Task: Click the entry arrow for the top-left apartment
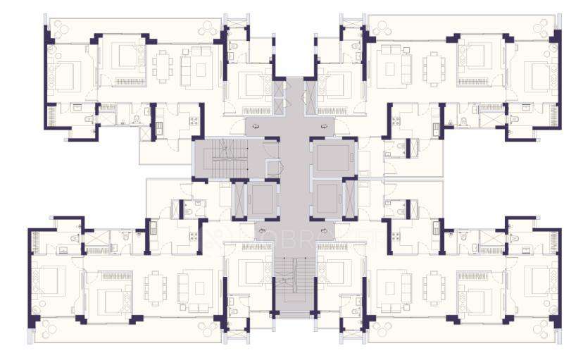(x=258, y=125)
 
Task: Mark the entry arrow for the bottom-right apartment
(x=325, y=230)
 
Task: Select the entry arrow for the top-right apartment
(x=325, y=125)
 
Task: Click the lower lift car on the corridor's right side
(x=330, y=198)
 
